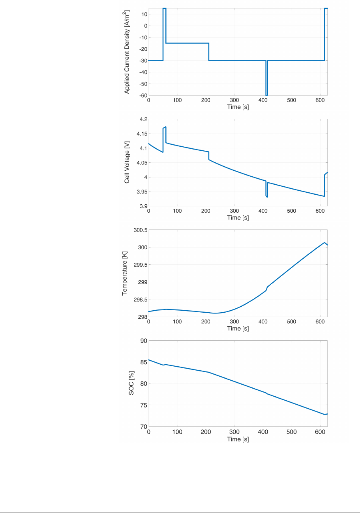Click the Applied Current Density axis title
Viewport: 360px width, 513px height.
(x=127, y=52)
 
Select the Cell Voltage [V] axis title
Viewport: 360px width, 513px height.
(x=127, y=163)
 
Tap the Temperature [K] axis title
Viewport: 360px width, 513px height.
(x=125, y=274)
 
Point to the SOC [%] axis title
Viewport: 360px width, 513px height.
(x=131, y=384)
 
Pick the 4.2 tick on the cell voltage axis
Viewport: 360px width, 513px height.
(x=142, y=119)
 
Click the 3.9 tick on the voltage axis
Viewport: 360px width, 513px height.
(x=142, y=206)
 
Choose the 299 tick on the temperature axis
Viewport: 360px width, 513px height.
(x=142, y=282)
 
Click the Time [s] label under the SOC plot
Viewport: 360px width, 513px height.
(x=238, y=439)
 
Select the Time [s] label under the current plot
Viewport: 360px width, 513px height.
(x=238, y=107)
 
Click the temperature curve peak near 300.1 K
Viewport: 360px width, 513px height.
(x=324, y=242)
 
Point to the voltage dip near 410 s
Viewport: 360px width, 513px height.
(x=267, y=196)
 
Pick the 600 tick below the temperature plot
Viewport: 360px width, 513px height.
(x=320, y=322)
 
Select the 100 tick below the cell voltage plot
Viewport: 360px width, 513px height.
(x=177, y=211)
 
